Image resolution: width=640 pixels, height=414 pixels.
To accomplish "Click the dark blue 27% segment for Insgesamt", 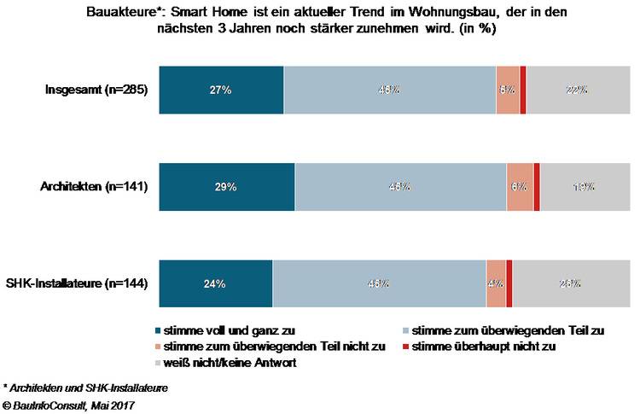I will [221, 89].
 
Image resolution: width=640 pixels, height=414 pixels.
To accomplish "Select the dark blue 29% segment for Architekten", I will [226, 185].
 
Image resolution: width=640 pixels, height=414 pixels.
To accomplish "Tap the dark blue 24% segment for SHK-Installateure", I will [215, 283].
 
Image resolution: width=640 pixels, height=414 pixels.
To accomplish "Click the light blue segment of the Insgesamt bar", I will [389, 89].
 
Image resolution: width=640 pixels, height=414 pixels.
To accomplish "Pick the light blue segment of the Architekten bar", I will [399, 185].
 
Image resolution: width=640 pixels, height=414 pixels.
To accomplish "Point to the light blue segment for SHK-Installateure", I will [379, 283].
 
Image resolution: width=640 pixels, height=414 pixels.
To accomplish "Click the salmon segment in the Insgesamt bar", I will [507, 89].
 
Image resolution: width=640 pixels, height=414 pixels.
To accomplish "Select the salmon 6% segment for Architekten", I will [519, 185].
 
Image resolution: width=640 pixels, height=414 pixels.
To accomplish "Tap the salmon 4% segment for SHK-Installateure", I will [496, 283].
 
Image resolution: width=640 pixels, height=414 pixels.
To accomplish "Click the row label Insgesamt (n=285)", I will [97, 90].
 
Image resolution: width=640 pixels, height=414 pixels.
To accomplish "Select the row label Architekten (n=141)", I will [96, 186].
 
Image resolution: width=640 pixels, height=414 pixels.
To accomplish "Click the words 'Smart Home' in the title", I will [200, 13].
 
